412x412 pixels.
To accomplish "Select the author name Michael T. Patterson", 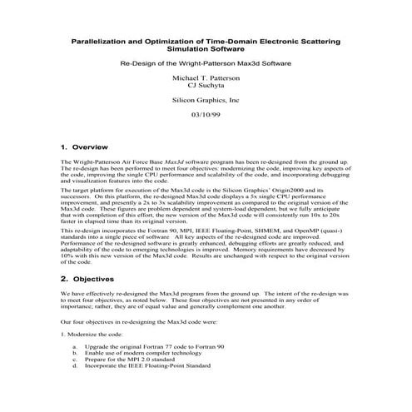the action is pos(206,77).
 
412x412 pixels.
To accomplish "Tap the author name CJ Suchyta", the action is pos(206,86).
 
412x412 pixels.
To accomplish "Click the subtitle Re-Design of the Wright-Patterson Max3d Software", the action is pos(206,62).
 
